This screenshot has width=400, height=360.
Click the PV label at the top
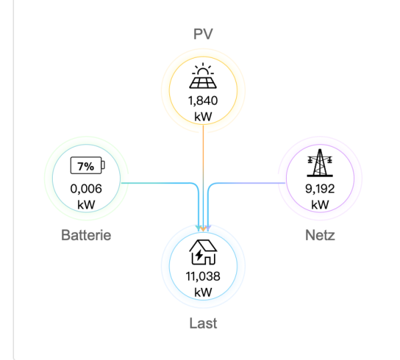(203, 34)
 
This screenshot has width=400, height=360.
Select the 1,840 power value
(203, 101)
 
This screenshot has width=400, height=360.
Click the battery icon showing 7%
(87, 165)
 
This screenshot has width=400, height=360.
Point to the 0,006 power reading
(86, 189)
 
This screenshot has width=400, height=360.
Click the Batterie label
(86, 235)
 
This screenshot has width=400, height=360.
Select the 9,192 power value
(320, 189)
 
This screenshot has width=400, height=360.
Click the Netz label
(320, 235)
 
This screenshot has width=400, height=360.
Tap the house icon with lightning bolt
(203, 253)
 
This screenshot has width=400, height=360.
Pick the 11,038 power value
(203, 277)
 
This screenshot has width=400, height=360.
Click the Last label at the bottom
(203, 324)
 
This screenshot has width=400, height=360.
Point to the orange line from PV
(203, 167)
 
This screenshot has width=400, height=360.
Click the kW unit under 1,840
(203, 117)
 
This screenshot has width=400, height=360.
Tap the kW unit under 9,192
(320, 205)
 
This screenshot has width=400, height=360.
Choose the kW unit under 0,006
(86, 205)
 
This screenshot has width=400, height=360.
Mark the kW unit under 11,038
(203, 293)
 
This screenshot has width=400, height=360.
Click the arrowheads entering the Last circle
(203, 229)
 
